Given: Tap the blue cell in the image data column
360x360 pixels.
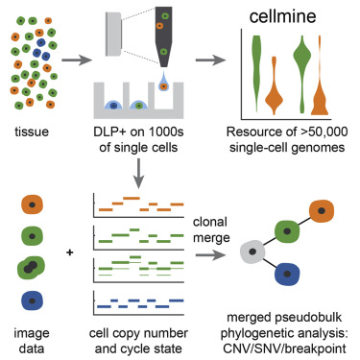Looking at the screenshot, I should coord(34,300).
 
